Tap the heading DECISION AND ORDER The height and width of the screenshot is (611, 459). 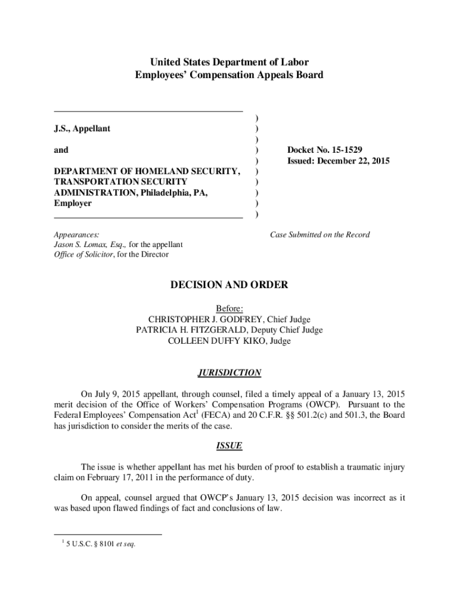pos(229,285)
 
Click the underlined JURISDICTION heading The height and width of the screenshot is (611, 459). pos(229,373)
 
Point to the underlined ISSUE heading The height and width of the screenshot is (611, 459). pos(229,446)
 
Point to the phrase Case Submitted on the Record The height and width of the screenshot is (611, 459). pos(320,234)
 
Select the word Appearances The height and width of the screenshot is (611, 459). pos(76,234)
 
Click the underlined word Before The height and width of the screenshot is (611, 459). pos(229,309)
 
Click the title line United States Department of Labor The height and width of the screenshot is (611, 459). pos(229,62)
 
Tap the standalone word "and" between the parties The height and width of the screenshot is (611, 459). pos(61,150)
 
